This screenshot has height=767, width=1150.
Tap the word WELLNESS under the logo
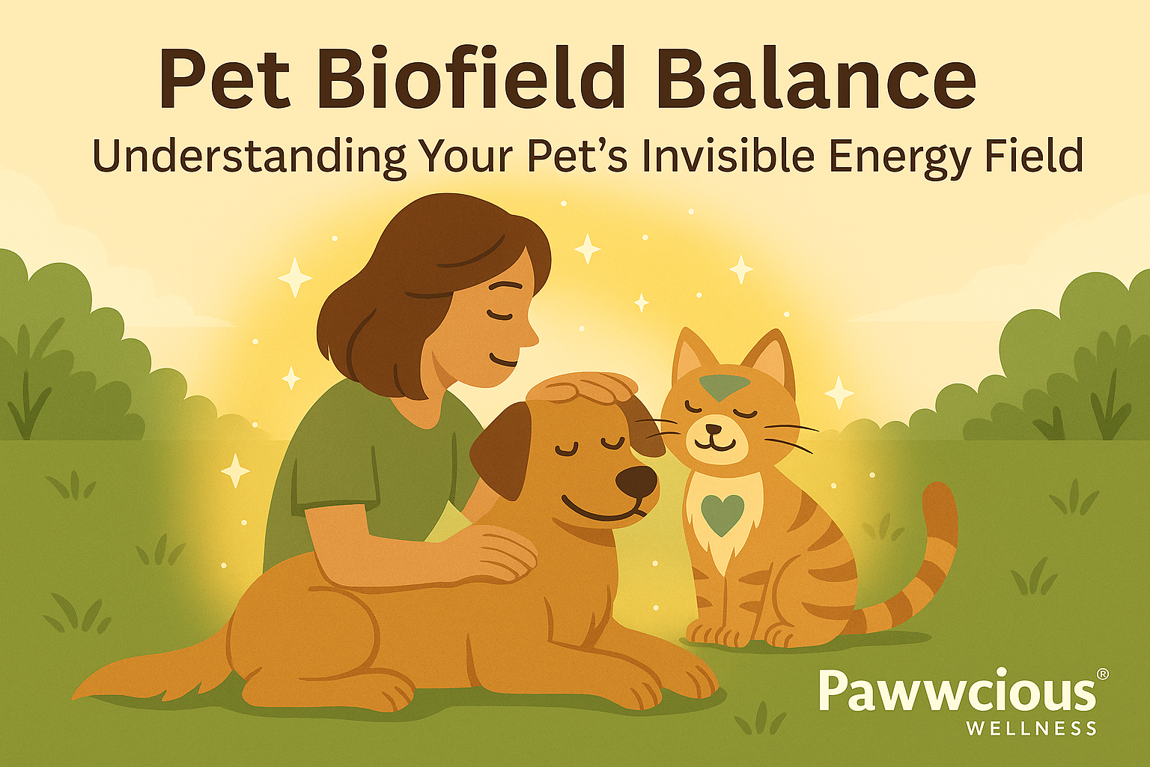pos(1031,728)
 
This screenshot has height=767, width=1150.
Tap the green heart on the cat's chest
pos(722,514)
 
